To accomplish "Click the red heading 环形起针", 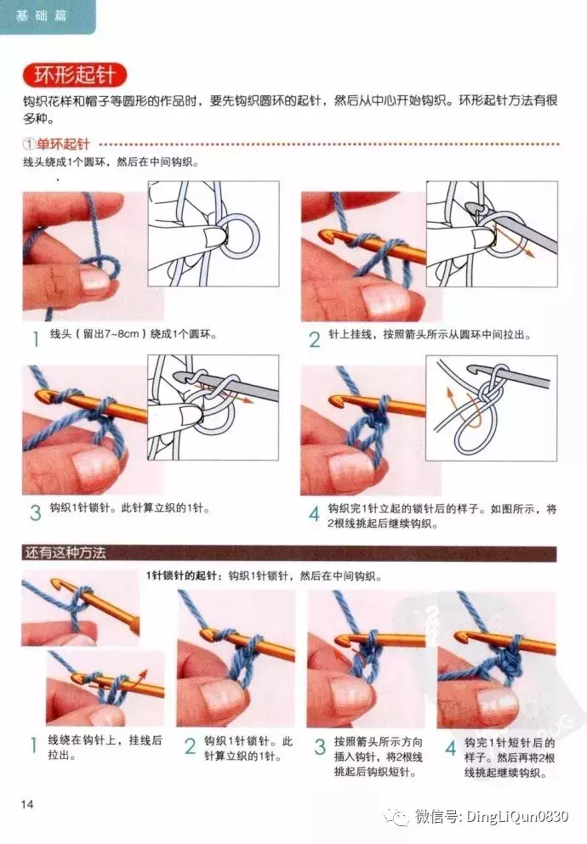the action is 75,75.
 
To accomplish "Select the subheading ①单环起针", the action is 56,144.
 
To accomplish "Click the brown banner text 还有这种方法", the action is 65,552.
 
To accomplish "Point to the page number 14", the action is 27,804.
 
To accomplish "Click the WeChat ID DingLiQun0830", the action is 517,817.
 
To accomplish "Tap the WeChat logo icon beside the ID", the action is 397,817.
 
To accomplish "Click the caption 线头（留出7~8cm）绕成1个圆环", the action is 133,334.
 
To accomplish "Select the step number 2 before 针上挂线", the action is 315,340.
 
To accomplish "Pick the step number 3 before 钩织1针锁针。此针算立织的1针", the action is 36,513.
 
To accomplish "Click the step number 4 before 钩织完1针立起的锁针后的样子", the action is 314,513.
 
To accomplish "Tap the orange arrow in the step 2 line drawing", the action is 515,241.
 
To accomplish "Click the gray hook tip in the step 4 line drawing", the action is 473,371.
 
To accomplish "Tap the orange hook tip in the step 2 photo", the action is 327,235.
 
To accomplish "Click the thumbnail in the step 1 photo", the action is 95,279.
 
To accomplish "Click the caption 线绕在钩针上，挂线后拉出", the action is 105,747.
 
